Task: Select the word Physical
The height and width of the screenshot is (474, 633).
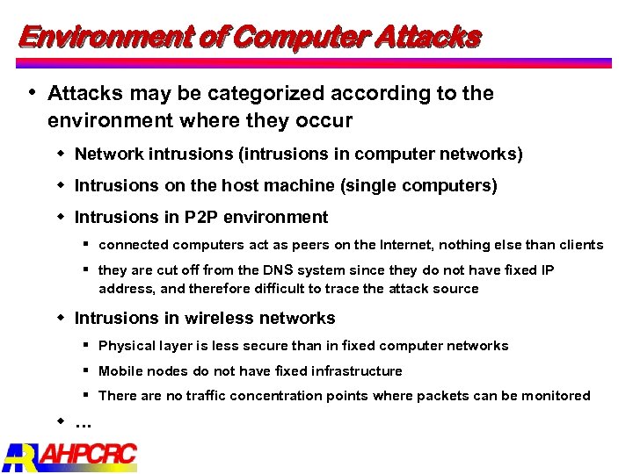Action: (x=127, y=346)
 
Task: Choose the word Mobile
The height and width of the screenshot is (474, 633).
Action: (x=121, y=371)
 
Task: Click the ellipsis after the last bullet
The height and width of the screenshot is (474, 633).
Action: (x=84, y=424)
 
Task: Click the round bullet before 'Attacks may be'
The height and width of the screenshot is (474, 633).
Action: (x=33, y=91)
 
